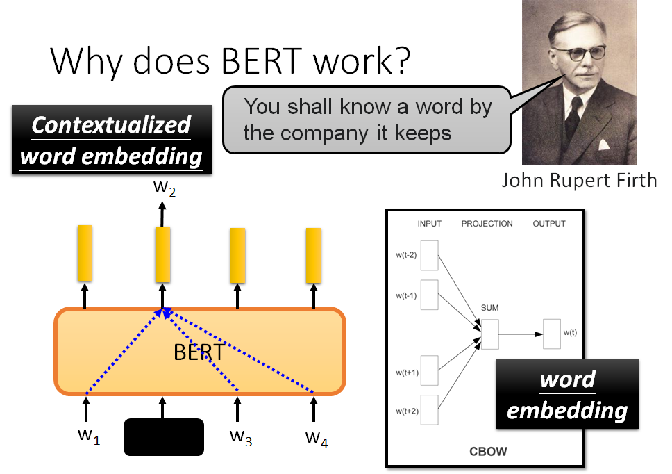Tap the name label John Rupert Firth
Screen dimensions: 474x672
[x=579, y=181]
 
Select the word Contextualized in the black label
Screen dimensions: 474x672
[x=111, y=125]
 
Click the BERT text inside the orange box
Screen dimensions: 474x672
[x=199, y=352]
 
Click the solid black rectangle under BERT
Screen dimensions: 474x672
[x=164, y=437]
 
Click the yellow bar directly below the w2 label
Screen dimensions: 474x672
[x=162, y=254]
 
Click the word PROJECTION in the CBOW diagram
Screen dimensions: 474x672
[x=487, y=224]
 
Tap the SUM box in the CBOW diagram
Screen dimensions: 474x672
[x=489, y=334]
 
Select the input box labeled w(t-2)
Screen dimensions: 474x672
[x=429, y=255]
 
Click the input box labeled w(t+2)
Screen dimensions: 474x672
[x=429, y=409]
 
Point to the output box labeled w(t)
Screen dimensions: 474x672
[x=552, y=334]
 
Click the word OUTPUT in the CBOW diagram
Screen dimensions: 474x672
[x=548, y=224]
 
